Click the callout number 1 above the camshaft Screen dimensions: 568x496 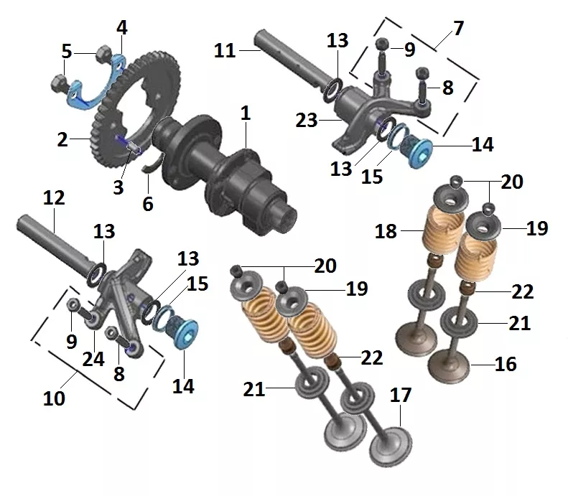click(246, 113)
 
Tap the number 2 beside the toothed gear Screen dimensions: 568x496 click(62, 139)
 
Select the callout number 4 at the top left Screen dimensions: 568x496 click(122, 27)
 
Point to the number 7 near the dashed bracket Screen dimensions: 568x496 click(459, 28)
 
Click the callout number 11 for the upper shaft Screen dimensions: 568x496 click(225, 50)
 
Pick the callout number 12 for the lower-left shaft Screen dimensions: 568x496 click(54, 197)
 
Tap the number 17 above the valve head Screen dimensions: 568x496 click(401, 395)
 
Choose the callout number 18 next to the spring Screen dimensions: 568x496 click(386, 231)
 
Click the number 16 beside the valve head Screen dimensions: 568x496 click(506, 364)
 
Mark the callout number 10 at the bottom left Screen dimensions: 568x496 click(54, 398)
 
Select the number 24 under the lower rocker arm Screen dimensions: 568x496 click(93, 359)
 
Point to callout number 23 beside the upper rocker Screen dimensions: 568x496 click(307, 120)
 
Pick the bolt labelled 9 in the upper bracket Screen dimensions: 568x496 click(382, 56)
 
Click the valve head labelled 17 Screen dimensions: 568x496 click(391, 446)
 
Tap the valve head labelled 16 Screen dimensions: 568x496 click(449, 366)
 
